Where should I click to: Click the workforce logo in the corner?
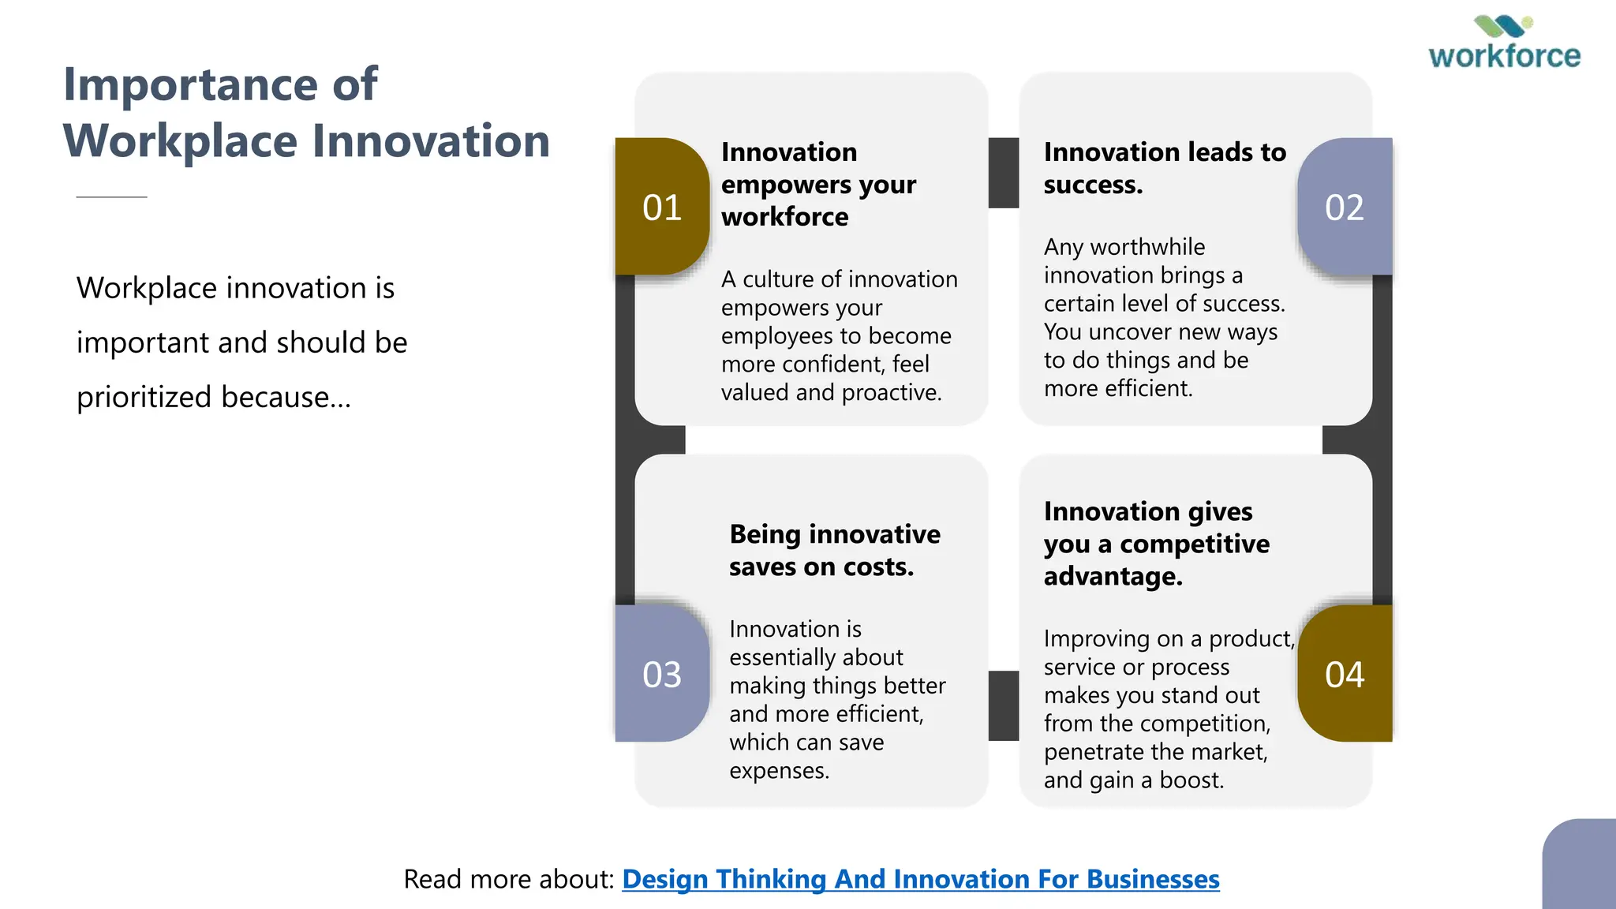(1504, 44)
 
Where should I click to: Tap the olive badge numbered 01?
(661, 208)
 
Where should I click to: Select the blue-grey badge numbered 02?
(1345, 208)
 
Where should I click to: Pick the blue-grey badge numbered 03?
(661, 675)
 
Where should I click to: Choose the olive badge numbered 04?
(1345, 675)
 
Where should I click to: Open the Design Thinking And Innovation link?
(920, 879)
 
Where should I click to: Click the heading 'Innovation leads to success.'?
(1164, 167)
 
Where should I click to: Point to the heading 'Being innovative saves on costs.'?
(834, 550)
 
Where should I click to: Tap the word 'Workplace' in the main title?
(180, 141)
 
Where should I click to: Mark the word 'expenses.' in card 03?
(779, 771)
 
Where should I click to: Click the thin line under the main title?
(111, 196)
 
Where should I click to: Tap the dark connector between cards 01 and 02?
(1003, 173)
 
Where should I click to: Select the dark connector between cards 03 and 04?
(1003, 705)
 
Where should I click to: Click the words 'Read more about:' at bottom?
(508, 879)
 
